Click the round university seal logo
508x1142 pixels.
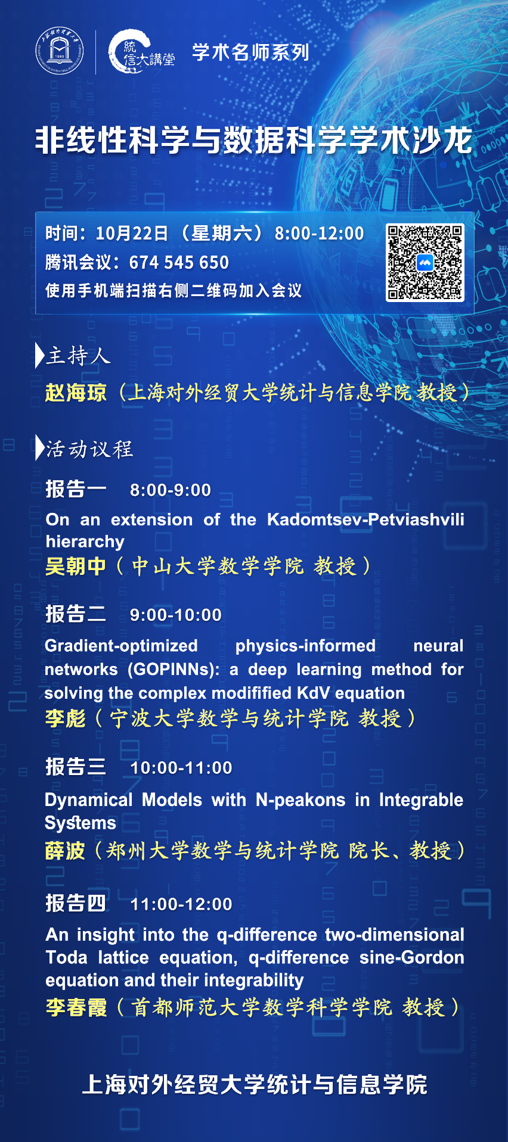59,52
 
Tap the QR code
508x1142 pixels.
425,263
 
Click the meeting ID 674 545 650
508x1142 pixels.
179,262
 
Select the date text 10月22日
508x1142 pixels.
132,233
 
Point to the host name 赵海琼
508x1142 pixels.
76,393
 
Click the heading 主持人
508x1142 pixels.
78,356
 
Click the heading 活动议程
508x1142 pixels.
89,449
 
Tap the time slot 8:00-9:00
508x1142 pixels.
171,490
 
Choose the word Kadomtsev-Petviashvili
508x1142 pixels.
365,519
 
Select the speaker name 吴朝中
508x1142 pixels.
76,566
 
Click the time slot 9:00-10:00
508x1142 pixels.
176,615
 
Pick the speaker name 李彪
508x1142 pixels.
66,718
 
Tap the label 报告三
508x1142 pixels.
76,767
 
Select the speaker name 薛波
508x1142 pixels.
65,851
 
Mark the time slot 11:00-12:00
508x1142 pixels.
181,904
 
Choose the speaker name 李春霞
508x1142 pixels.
76,1007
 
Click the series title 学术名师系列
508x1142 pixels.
250,52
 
